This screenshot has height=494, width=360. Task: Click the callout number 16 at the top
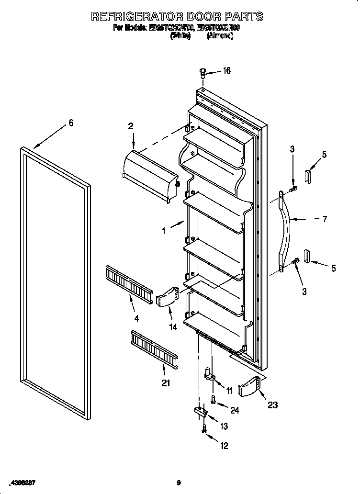coord(226,71)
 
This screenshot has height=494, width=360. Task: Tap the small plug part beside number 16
coord(203,73)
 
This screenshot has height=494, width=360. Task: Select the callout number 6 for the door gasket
coord(71,123)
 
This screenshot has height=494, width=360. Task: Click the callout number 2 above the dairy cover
coord(131,126)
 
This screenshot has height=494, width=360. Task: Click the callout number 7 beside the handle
coord(325,219)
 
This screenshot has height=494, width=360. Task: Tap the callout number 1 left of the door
coord(164,231)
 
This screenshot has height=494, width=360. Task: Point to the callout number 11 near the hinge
coord(229,391)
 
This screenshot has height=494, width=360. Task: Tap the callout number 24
coord(235,410)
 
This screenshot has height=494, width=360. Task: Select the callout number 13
coord(223,426)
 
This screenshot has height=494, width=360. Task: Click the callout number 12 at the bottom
coord(224,446)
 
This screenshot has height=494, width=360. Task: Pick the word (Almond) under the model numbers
coord(220,36)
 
